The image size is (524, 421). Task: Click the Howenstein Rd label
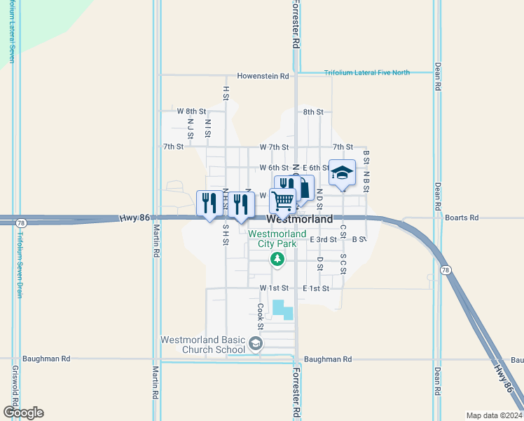tap(263, 76)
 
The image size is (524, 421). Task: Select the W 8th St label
tap(191, 112)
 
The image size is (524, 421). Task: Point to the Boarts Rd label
tap(461, 218)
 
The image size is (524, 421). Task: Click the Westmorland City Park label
tap(277, 239)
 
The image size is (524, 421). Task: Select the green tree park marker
tap(278, 260)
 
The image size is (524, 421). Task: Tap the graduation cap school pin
tap(342, 173)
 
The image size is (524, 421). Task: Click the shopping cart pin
tap(282, 201)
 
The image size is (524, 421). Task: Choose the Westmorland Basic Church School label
tap(202, 345)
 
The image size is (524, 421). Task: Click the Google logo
tap(23, 413)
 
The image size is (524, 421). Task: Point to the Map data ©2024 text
tap(494, 415)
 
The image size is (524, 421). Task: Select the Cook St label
tap(260, 316)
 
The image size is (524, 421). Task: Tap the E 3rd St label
tap(324, 239)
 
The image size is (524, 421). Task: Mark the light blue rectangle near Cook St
tap(283, 309)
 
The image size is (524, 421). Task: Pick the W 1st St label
tap(274, 288)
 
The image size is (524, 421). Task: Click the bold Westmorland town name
tap(301, 219)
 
